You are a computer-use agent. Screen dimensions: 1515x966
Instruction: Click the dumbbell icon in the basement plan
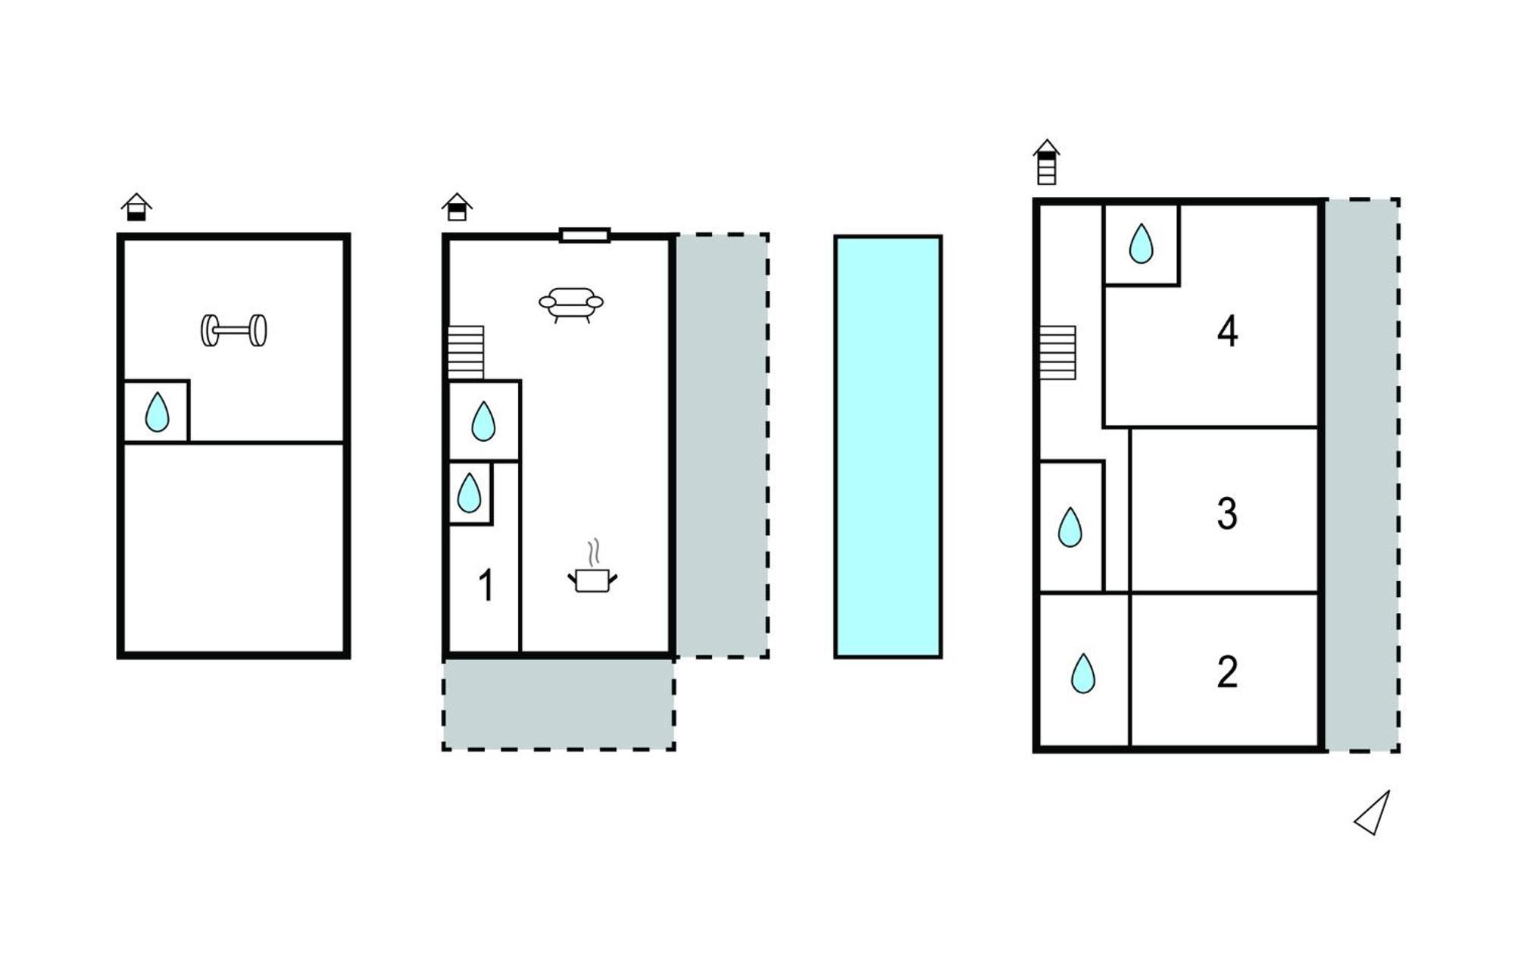click(233, 330)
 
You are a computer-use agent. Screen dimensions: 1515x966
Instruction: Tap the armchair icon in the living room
click(571, 305)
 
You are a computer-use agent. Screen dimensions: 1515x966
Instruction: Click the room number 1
click(486, 585)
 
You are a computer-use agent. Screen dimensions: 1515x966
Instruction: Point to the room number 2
click(1227, 671)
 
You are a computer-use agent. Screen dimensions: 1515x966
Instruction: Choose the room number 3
click(1227, 513)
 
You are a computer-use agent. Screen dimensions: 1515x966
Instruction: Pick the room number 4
click(1227, 331)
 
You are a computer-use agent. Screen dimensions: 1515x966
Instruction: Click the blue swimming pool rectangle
click(888, 446)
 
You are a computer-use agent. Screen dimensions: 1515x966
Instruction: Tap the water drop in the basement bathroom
click(157, 412)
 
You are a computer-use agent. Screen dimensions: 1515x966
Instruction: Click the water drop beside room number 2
click(1083, 674)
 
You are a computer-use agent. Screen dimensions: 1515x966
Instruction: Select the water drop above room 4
click(1141, 244)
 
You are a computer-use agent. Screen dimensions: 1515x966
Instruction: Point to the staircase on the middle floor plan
click(466, 352)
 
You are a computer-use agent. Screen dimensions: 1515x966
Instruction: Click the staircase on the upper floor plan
click(1057, 352)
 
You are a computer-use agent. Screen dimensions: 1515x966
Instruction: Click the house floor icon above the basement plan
click(136, 207)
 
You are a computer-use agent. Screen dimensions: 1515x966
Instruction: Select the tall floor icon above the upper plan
click(1046, 161)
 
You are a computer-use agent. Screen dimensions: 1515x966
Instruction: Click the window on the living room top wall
click(585, 236)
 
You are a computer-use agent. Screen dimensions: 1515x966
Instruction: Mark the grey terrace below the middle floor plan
click(558, 704)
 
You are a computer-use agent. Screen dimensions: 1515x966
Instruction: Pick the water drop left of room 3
click(1070, 527)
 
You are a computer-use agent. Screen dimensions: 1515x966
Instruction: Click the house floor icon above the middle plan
click(457, 207)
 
